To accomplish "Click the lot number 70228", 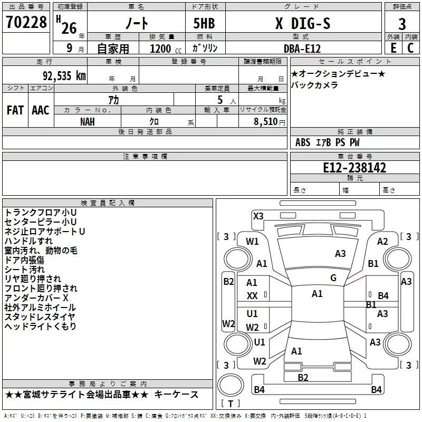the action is tap(26, 22).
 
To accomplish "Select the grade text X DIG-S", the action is tap(303, 23).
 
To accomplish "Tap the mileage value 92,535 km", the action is tap(64, 76).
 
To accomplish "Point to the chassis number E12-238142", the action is tap(354, 168).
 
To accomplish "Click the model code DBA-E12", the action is tap(302, 49).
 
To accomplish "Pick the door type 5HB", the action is tap(204, 23).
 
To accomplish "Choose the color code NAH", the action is tap(88, 122).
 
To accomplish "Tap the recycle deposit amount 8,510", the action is tap(265, 122).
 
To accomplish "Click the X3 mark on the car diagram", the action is tap(258, 216).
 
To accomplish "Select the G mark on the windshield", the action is tap(333, 278).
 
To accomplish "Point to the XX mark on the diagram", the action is tap(252, 296).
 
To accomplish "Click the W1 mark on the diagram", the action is tap(252, 242).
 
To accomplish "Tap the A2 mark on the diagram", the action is tap(382, 242).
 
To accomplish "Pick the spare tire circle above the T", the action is tap(231, 385).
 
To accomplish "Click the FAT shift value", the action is tap(15, 110).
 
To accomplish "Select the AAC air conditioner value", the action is tap(41, 110).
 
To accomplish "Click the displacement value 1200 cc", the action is tap(166, 49).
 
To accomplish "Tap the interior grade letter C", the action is tap(410, 48).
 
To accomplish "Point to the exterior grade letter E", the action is tap(393, 48).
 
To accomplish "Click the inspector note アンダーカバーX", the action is tap(36, 298).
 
